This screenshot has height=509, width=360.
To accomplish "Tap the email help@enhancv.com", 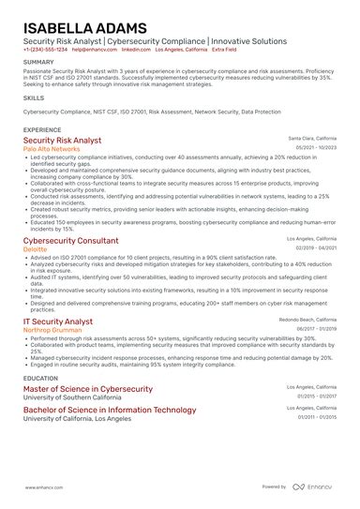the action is pos(94,50).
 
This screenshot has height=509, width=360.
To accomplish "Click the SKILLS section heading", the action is pos(34,97).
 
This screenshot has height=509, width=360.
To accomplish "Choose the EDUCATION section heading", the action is pos(40,378).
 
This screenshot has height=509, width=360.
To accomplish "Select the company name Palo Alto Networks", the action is pos(52,149).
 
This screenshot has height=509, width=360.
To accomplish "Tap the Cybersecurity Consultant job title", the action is pos(71,241).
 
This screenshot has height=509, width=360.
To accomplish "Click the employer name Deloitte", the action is pos(37,249).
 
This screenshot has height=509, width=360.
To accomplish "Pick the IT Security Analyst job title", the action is pos(58,322).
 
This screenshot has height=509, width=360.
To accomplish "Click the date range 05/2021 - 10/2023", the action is pos(316,148).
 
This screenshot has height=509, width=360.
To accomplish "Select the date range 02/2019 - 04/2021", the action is pos(316,248).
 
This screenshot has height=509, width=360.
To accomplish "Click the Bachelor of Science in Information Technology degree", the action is pos(110,410).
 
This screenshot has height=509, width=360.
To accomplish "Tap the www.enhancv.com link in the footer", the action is pos(43,487).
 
